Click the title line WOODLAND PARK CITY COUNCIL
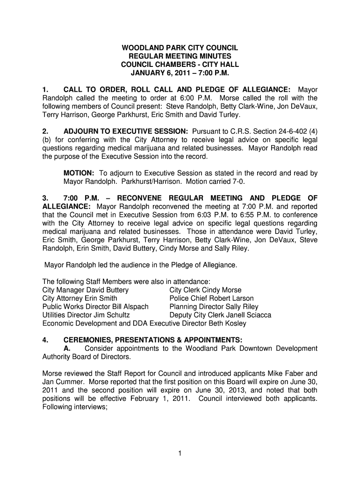pos(180,48)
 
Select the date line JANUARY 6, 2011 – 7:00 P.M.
pos(180,73)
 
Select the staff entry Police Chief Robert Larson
pos(211,298)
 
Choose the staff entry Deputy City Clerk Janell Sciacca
pos(220,315)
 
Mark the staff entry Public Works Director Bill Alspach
pos(95,307)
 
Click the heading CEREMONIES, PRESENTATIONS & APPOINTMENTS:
pos(153,340)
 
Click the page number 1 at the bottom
pos(180,452)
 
